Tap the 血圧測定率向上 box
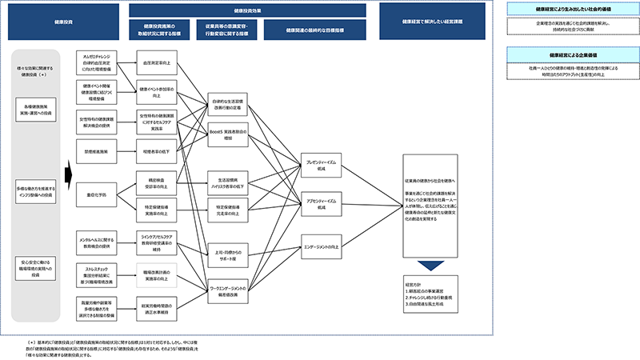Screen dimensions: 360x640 tap(155, 62)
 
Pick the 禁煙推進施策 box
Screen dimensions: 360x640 tap(96, 149)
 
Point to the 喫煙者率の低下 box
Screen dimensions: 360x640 tap(155, 149)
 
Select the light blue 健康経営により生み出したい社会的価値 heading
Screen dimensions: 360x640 tap(562, 8)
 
